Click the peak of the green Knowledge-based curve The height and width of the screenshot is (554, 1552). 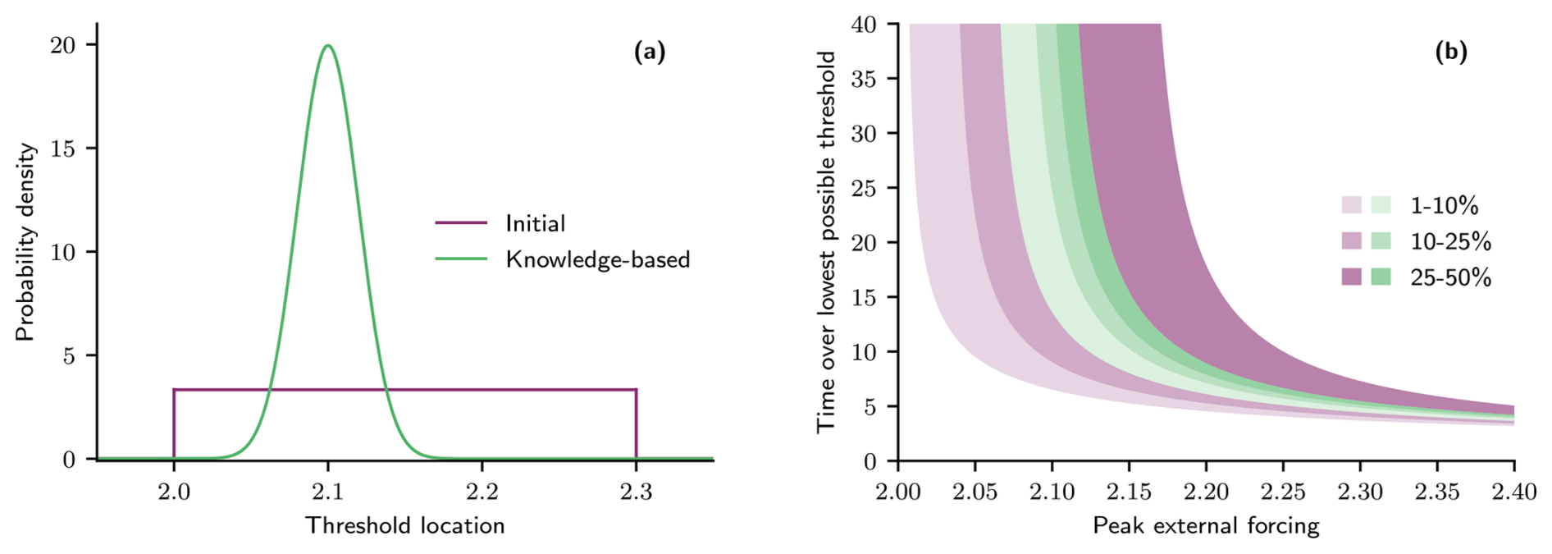[328, 45]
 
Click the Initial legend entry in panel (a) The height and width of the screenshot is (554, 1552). [535, 223]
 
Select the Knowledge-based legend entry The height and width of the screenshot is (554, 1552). [597, 259]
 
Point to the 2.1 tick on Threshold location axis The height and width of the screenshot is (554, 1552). [328, 492]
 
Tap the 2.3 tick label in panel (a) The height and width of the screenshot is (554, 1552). [636, 492]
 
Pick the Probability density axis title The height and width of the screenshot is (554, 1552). [25, 242]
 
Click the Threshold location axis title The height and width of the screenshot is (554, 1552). [405, 525]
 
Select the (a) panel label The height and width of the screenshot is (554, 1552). [650, 53]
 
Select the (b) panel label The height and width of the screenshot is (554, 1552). [1450, 53]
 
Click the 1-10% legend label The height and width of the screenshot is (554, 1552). [1444, 205]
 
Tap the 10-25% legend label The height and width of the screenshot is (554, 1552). [1450, 241]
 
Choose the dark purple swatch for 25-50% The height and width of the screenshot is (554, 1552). [1351, 277]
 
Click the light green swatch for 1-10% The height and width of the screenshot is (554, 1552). [1381, 205]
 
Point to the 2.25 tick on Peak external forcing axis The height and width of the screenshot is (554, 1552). [1283, 492]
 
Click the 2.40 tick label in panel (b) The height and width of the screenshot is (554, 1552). [1513, 492]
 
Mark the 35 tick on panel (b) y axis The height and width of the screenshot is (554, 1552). [864, 79]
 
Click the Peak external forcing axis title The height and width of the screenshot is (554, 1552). [1206, 525]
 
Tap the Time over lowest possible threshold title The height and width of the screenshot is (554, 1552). [826, 242]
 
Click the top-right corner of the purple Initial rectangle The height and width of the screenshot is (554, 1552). [636, 389]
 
